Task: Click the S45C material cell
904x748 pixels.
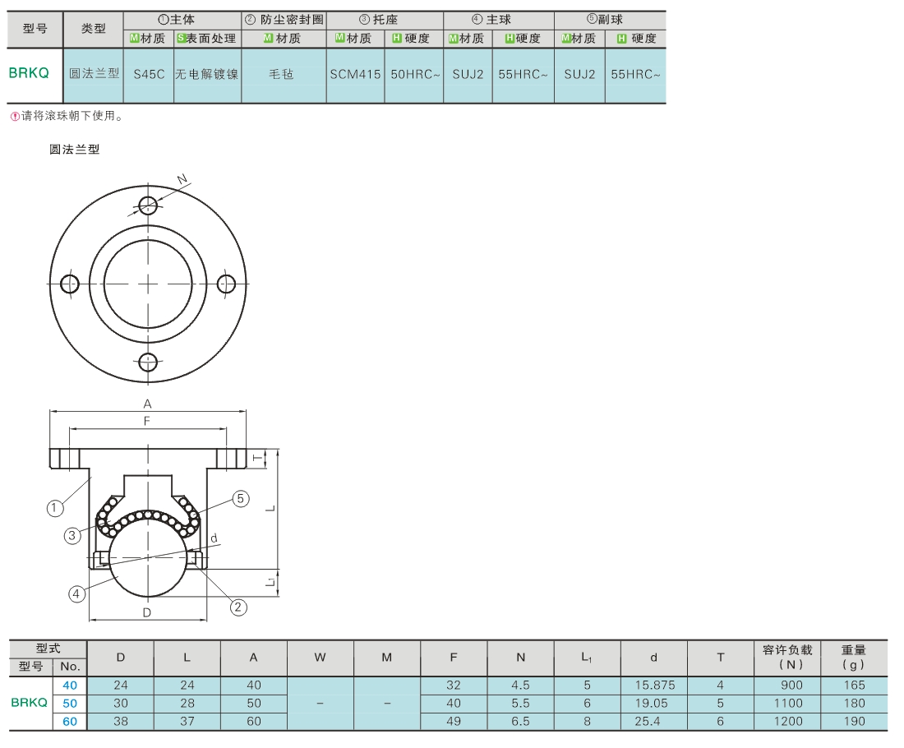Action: point(149,75)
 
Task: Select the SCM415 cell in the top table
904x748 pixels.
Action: point(355,75)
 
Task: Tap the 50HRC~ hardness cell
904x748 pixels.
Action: point(415,75)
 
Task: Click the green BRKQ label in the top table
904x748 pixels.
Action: point(29,73)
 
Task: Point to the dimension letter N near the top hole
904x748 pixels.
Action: point(182,179)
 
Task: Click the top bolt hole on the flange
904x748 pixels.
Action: point(148,205)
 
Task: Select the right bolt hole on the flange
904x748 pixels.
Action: point(226,284)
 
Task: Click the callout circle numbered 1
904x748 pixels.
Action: point(55,508)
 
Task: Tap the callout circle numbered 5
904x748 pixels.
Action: point(241,499)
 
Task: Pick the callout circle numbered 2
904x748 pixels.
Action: point(238,607)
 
